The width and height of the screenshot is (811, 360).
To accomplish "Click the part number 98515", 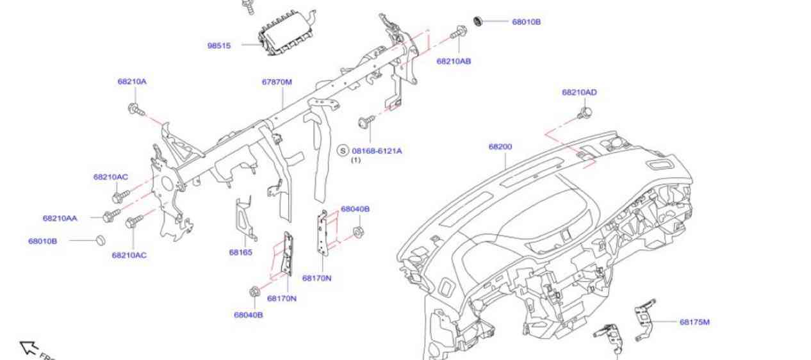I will click(x=218, y=45).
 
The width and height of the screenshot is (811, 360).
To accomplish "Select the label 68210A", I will click(x=132, y=81).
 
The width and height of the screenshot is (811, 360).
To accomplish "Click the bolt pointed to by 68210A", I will click(x=135, y=110).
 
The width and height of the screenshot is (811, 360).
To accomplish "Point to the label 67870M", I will click(x=277, y=82).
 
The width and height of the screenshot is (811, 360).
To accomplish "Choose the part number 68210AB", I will click(x=454, y=61).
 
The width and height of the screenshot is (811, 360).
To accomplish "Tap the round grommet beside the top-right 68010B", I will click(x=477, y=21).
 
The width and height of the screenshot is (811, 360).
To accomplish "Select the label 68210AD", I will click(x=579, y=92).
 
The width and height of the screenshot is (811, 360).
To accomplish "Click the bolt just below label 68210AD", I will click(x=584, y=113).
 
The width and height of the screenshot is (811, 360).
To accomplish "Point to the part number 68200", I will click(x=500, y=147).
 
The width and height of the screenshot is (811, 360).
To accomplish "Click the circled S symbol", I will click(x=343, y=151).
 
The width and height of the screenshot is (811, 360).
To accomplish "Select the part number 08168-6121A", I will click(x=377, y=151).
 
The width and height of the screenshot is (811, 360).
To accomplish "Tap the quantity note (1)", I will click(x=356, y=160).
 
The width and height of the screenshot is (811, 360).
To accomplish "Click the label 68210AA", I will click(x=60, y=218).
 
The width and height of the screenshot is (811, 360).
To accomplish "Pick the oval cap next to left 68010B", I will click(x=99, y=240).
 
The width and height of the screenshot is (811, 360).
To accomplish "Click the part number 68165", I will click(x=240, y=252).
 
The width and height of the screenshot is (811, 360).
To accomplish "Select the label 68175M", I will click(x=694, y=322).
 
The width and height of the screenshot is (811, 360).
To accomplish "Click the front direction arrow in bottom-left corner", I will click(x=29, y=348).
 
